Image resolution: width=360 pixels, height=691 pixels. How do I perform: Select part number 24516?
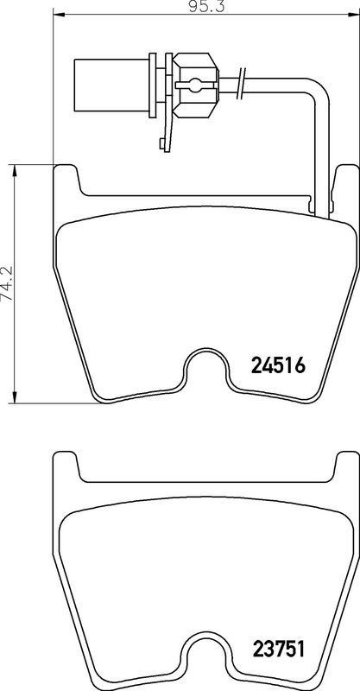(x=278, y=365)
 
